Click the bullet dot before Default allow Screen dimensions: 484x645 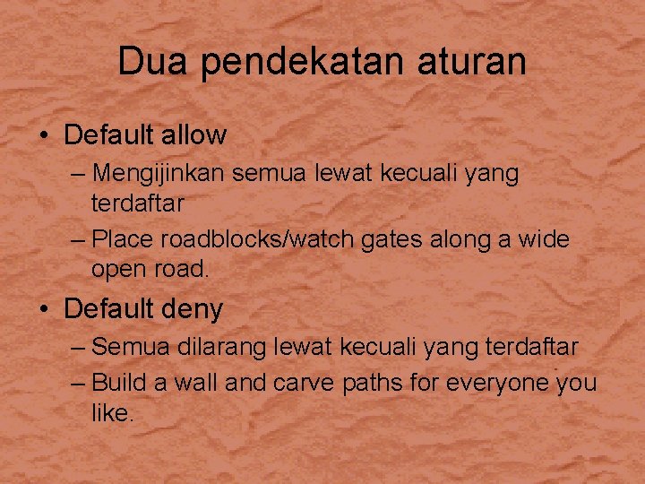pos(44,136)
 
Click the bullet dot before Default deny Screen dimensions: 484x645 pos(44,310)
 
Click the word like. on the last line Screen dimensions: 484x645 pos(111,413)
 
